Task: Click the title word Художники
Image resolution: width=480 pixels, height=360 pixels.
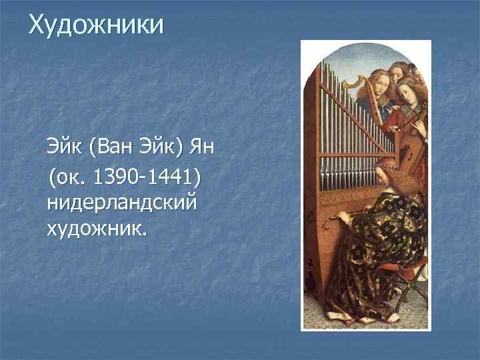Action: coord(96,25)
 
